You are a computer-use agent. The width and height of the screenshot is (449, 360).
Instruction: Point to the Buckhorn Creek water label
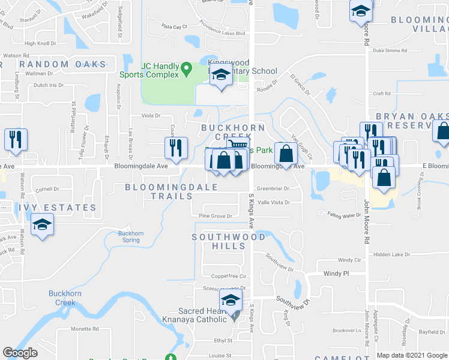(x=62, y=298)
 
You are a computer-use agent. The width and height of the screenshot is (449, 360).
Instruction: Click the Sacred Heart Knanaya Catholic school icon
(x=231, y=302)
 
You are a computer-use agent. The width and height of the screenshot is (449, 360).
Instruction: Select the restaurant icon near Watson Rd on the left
(x=15, y=139)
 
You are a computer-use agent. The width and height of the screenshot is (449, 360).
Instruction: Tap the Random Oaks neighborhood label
(x=62, y=64)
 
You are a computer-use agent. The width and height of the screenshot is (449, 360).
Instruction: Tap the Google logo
(x=20, y=353)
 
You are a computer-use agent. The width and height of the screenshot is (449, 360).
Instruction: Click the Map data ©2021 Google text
(x=412, y=355)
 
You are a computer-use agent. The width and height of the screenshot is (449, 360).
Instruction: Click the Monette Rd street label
(x=85, y=329)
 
